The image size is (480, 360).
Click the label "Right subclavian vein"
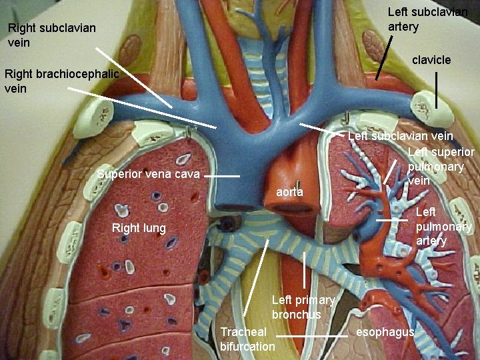pyautogui.click(x=51, y=35)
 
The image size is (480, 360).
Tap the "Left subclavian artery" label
pyautogui.click(x=427, y=19)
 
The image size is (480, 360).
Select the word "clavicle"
pyautogui.click(x=431, y=60)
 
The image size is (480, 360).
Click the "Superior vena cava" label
pyautogui.click(x=148, y=175)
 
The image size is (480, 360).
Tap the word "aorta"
pyautogui.click(x=289, y=192)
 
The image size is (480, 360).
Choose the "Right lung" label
pyautogui.click(x=139, y=228)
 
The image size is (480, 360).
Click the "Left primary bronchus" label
pyautogui.click(x=303, y=307)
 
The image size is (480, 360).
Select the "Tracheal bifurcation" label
pyautogui.click(x=247, y=339)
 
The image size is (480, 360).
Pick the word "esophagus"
pyautogui.click(x=385, y=332)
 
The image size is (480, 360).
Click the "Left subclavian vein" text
pyautogui.click(x=400, y=136)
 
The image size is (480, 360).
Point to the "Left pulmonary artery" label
pyautogui.click(x=443, y=227)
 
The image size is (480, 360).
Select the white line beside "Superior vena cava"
pyautogui.click(x=221, y=177)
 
